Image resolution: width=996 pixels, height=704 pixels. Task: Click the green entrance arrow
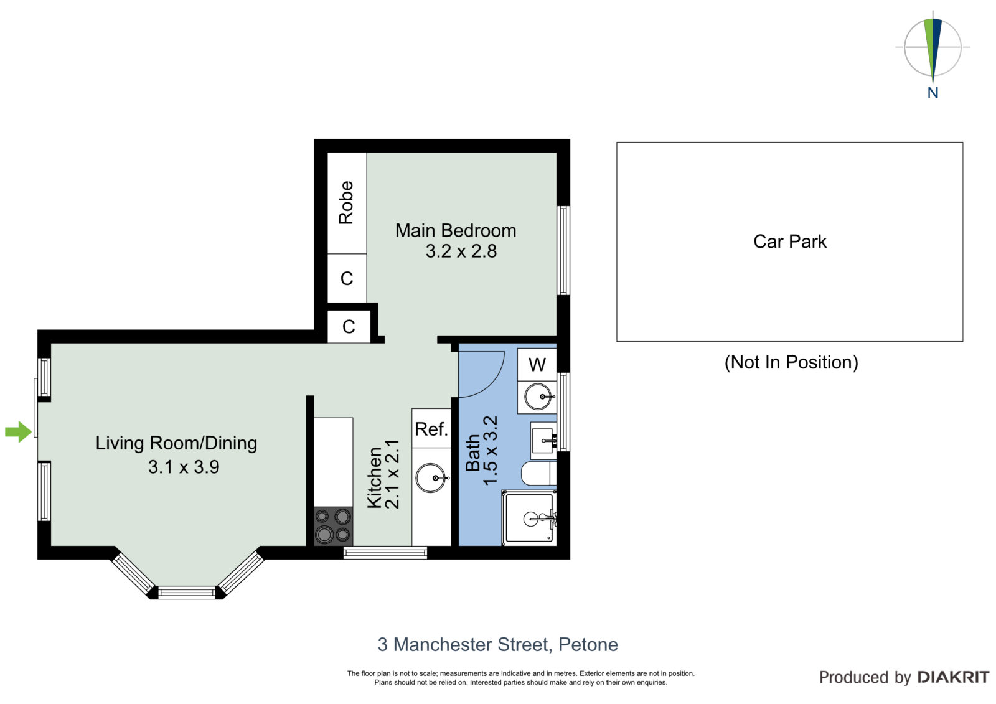[x=18, y=431]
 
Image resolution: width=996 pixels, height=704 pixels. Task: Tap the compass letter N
[x=933, y=93]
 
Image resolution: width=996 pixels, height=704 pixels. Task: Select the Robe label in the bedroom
[x=346, y=202]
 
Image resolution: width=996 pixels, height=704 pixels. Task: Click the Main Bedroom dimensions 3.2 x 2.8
[x=461, y=251]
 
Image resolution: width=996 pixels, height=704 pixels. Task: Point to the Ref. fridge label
[x=431, y=429]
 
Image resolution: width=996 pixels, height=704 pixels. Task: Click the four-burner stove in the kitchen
[x=333, y=526]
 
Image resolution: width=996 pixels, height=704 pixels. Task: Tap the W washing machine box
[x=537, y=364]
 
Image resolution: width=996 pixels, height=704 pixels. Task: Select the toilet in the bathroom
[x=538, y=473]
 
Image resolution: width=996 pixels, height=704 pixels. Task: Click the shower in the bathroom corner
[x=529, y=517]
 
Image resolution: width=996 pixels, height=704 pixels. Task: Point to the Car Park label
[x=790, y=242]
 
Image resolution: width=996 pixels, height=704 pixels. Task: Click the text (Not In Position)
[x=791, y=362]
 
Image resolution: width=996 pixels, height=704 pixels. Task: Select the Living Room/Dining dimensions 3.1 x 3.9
[x=184, y=467]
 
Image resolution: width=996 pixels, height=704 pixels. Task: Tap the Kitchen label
[x=374, y=477]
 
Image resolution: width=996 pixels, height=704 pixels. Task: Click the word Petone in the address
[x=588, y=644]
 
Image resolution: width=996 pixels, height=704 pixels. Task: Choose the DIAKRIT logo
[x=953, y=677]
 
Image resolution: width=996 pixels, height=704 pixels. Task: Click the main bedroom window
[x=563, y=250]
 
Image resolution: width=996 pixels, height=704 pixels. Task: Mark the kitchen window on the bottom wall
[x=385, y=553]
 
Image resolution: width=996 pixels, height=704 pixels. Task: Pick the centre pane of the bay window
[x=187, y=593]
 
